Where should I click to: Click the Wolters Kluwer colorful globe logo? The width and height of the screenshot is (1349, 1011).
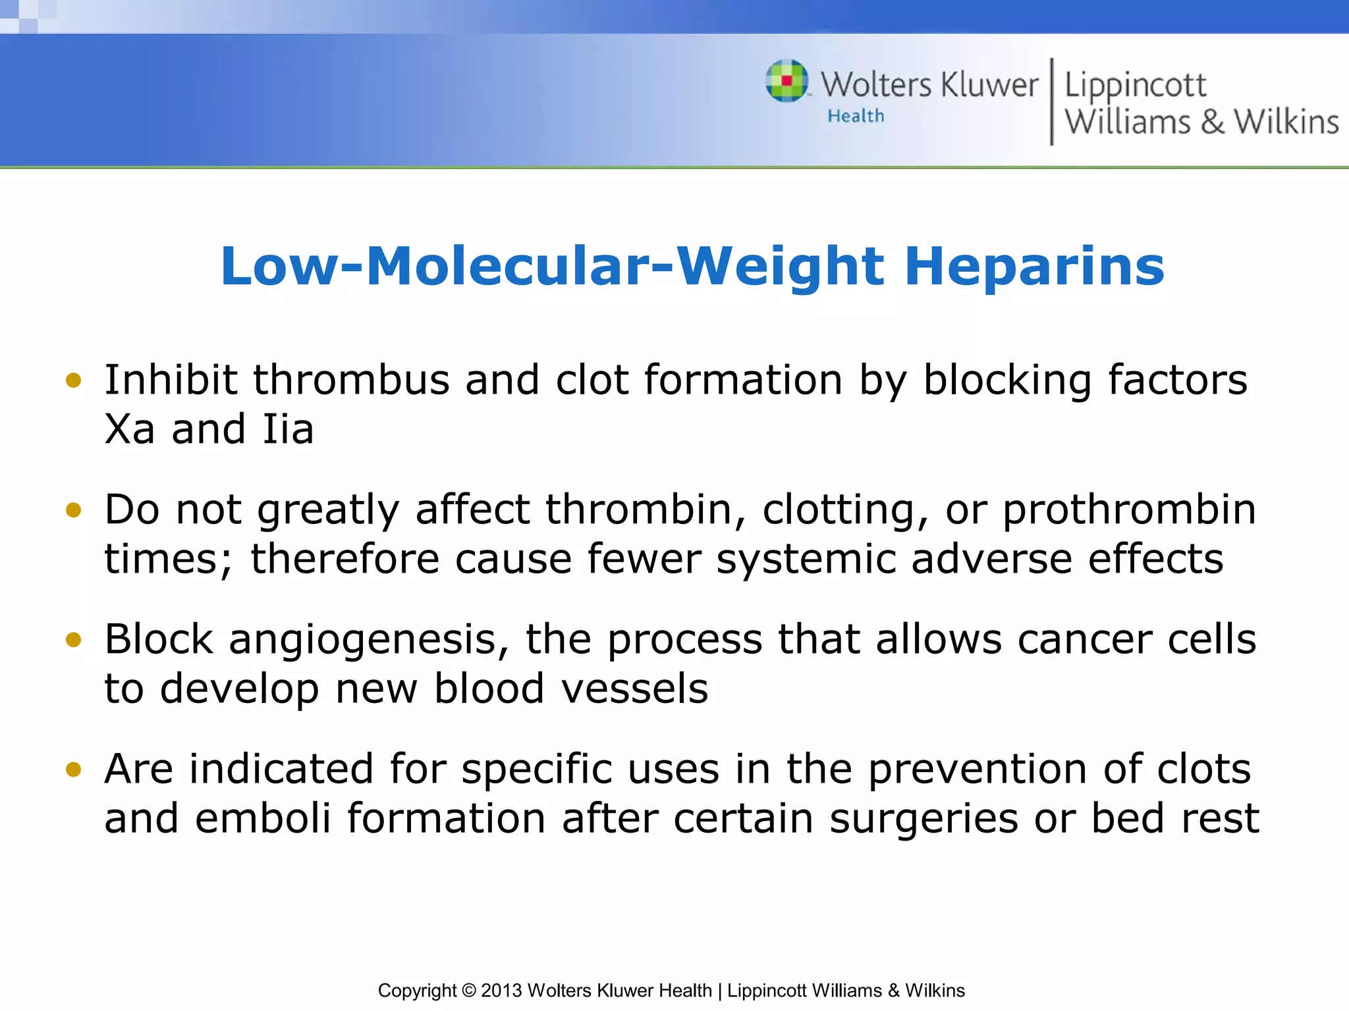[x=786, y=81]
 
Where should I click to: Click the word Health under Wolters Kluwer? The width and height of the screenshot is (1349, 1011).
[x=856, y=117]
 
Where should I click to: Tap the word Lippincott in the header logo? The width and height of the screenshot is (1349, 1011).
[x=1135, y=86]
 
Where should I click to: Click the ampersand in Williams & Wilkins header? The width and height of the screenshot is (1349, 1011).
[x=1211, y=122]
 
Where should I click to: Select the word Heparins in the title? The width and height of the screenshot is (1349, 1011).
[x=1034, y=267]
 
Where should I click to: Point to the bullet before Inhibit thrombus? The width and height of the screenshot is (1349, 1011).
[x=74, y=380]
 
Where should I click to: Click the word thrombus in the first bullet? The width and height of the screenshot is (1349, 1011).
[x=351, y=380]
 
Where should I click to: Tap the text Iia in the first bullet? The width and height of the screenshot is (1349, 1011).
[x=288, y=430]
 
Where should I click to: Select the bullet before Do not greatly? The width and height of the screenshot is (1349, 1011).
[x=74, y=510]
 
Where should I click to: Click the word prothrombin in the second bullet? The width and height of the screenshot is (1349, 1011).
[x=1129, y=510]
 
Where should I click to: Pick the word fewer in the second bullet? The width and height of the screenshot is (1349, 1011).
[x=644, y=559]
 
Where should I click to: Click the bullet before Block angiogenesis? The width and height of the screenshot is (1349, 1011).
[x=74, y=640]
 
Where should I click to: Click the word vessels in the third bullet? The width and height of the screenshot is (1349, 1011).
[x=634, y=689]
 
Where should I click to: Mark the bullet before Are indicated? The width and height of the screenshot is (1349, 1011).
[x=74, y=769]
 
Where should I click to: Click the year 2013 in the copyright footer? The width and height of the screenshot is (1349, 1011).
[x=501, y=991]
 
